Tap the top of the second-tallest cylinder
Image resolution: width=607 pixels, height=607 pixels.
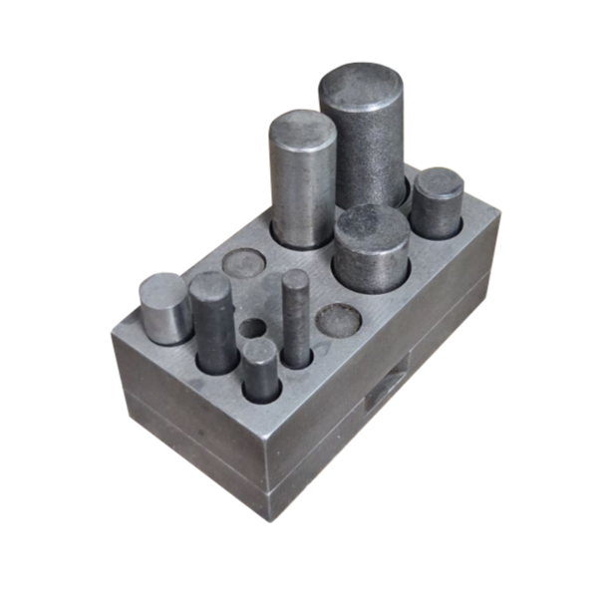(x=301, y=128)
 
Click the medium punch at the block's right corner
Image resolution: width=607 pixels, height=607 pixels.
(x=439, y=207)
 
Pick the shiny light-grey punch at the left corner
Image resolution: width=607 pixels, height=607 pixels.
(x=164, y=309)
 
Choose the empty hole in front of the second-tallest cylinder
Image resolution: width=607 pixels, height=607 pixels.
(x=243, y=263)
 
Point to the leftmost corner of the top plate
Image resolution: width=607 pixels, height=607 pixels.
(x=112, y=334)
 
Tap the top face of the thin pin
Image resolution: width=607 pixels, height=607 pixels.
(x=293, y=277)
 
